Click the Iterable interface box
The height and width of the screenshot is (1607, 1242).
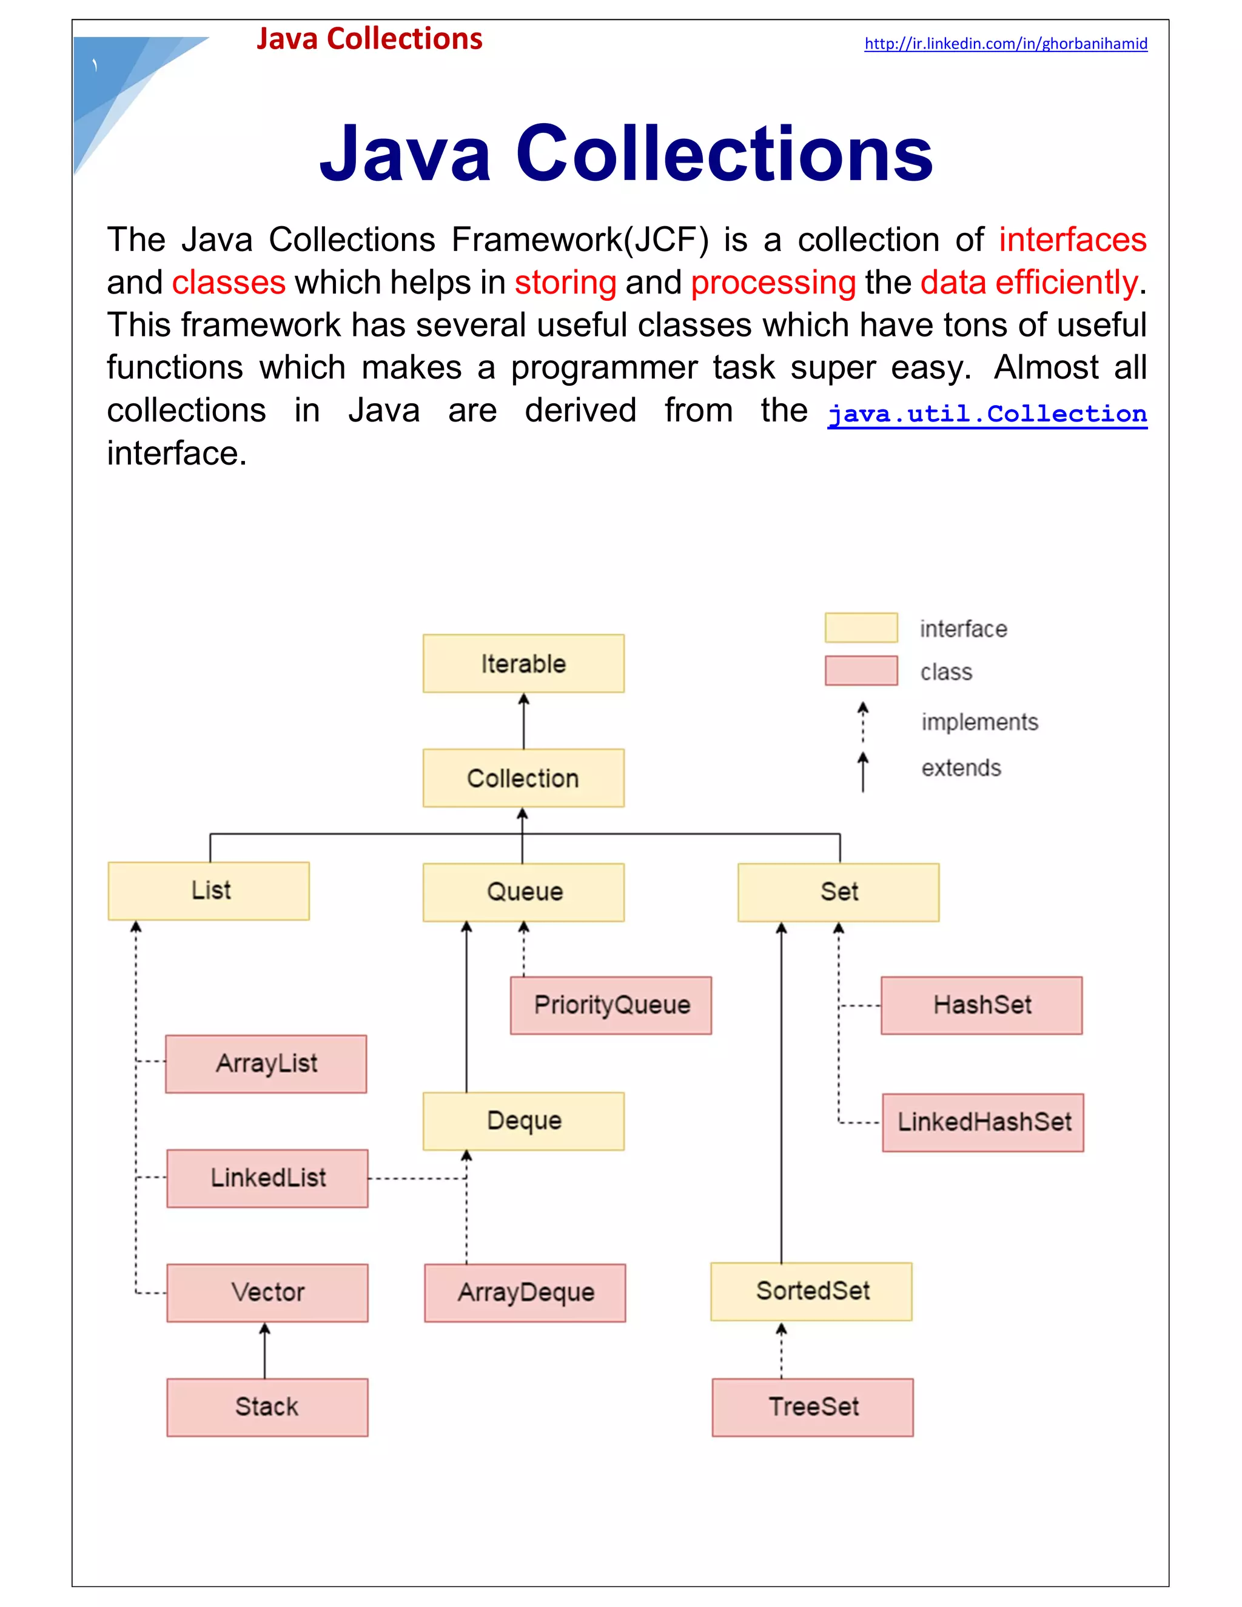point(523,663)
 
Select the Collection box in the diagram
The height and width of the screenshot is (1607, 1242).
point(523,778)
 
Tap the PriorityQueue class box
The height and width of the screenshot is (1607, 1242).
point(611,1005)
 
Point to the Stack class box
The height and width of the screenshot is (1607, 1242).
point(267,1407)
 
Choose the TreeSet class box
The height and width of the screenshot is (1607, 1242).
point(812,1407)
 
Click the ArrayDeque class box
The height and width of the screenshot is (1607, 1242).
point(525,1293)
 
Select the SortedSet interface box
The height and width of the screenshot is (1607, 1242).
point(811,1291)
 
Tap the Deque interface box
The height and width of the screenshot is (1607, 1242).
point(523,1121)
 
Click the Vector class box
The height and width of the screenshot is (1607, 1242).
point(267,1293)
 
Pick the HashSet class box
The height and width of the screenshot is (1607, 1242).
point(982,1005)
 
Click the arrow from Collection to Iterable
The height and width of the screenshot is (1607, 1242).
point(523,721)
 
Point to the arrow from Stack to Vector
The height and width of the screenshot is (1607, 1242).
point(265,1351)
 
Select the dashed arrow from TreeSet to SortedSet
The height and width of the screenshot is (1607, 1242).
point(781,1350)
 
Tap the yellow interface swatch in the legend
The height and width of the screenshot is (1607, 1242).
point(861,628)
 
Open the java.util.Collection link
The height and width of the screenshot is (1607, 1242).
point(987,414)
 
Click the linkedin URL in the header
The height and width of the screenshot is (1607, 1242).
point(1005,44)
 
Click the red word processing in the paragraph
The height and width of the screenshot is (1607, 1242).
point(773,283)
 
